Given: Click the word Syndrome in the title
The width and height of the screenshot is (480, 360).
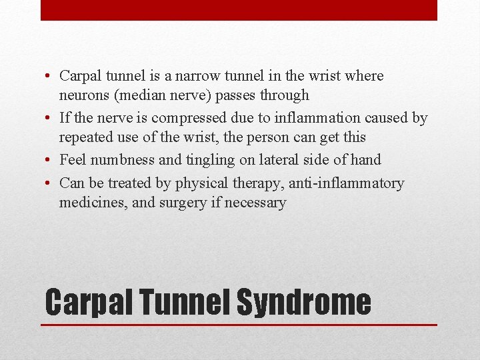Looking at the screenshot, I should click(303, 302).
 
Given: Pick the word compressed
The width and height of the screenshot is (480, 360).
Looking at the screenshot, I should click(189, 118).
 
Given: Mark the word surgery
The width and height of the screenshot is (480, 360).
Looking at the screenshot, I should click(181, 203).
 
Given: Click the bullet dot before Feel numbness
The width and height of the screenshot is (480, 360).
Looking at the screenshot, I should click(50, 161).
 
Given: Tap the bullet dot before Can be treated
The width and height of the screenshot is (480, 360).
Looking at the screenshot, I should click(50, 184).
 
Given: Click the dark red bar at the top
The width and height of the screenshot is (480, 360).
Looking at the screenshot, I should click(239, 10).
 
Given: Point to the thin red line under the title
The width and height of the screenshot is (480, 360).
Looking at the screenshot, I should click(239, 325).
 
